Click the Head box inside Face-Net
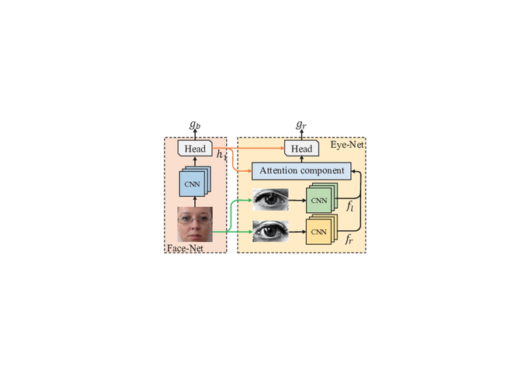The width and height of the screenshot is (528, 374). pos(195,149)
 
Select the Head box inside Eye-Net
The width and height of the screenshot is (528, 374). pos(301,149)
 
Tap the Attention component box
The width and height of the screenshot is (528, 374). pos(301,170)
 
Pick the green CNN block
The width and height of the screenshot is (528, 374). pos(321,198)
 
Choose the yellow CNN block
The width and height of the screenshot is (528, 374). pos(321,229)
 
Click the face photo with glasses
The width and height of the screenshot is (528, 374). pos(195,224)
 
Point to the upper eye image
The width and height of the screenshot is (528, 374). pos(270,200)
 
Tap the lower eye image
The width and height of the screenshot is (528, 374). pos(270,232)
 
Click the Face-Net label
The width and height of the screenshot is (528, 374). pos(186,248)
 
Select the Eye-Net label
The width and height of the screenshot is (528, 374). pos(347,145)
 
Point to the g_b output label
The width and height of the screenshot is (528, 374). pos(195,124)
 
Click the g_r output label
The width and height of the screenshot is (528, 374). pos(301,124)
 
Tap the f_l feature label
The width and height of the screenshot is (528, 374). pos(350,206)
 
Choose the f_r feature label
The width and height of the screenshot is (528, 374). pos(349,239)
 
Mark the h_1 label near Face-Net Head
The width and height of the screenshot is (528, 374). pos(221,155)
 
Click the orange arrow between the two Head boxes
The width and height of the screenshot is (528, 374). pos(248,148)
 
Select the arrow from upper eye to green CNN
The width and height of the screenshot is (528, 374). pos(297,201)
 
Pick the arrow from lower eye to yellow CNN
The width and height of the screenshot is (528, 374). pos(297,232)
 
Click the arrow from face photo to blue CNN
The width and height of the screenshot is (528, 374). pos(195,201)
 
